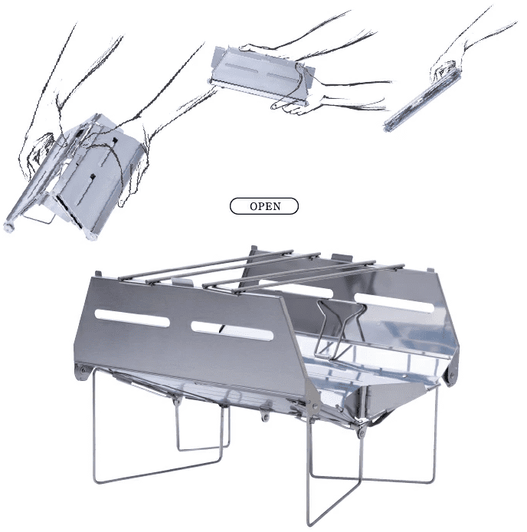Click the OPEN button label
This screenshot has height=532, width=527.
(264, 206)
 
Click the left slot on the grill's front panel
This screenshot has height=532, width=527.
(133, 318)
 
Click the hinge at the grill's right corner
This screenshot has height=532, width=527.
(450, 375)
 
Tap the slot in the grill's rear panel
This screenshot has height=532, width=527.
(394, 301)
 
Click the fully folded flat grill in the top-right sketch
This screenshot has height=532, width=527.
(421, 97)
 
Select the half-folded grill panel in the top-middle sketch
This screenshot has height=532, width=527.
(262, 74)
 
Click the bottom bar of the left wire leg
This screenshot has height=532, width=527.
(158, 471)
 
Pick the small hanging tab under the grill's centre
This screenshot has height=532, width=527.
(265, 413)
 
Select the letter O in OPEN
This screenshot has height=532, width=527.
(254, 206)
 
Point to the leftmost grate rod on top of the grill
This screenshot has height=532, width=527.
(206, 264)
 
